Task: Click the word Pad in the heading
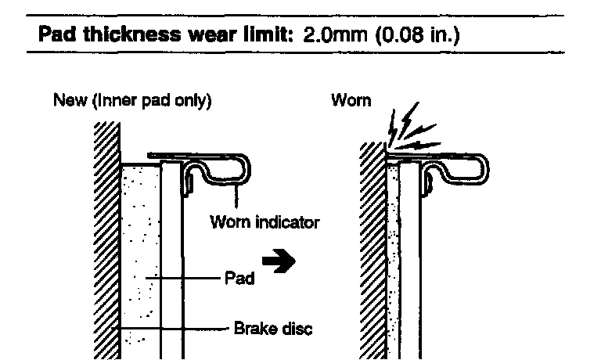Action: pos(56,36)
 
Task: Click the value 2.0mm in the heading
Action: pos(325,36)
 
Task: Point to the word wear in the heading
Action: pos(207,36)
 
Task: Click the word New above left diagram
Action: pos(66,102)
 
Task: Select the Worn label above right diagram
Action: pos(351,102)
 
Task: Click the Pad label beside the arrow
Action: pos(239,279)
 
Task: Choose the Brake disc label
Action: pos(273,329)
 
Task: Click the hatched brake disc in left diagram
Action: pos(107,235)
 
